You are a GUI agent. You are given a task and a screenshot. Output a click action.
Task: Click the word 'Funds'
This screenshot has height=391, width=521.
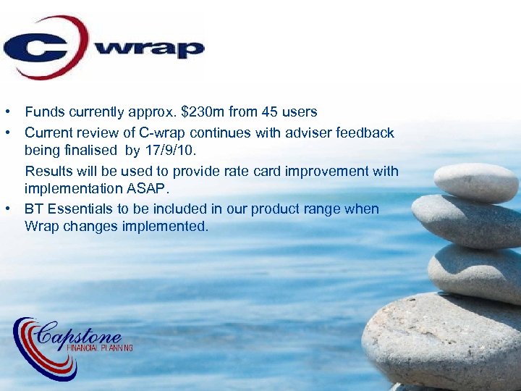(x=43, y=112)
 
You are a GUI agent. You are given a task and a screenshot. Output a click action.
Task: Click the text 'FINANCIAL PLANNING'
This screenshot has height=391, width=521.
(x=100, y=348)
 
